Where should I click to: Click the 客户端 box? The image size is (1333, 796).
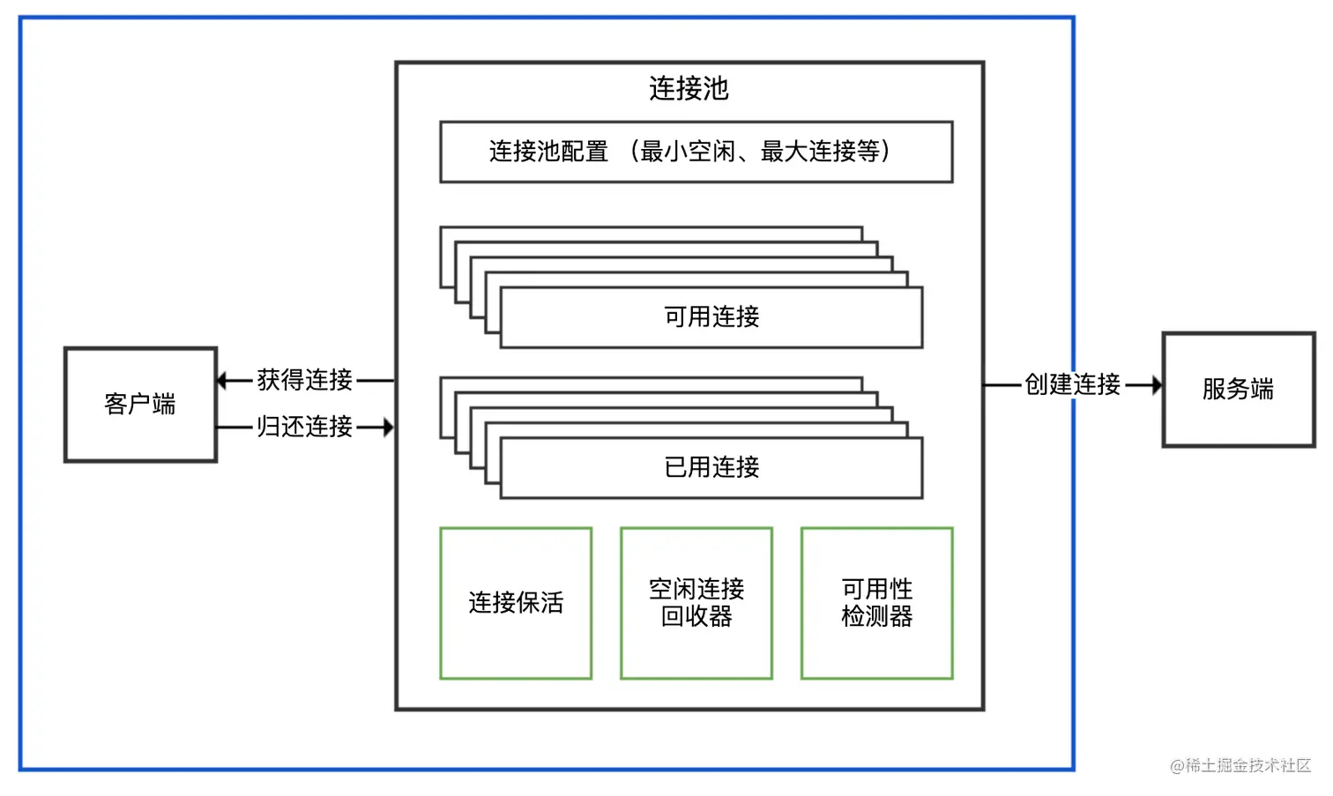pyautogui.click(x=140, y=405)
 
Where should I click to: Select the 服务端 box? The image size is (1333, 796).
pyautogui.click(x=1238, y=390)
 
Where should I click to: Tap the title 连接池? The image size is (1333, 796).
pyautogui.click(x=689, y=88)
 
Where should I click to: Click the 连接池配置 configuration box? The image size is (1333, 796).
pyautogui.click(x=696, y=152)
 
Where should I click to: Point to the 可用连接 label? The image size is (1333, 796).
pyautogui.click(x=711, y=316)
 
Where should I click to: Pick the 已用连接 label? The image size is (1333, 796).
pyautogui.click(x=711, y=467)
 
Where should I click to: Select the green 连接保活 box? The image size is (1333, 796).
pyautogui.click(x=516, y=603)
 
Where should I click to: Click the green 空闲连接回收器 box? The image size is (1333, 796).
pyautogui.click(x=696, y=603)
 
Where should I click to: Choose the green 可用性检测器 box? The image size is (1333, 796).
pyautogui.click(x=876, y=603)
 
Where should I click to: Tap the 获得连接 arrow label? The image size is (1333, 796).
pyautogui.click(x=305, y=380)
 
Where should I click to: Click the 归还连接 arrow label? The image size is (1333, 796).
pyautogui.click(x=305, y=427)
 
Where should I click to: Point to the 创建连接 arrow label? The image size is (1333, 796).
pyautogui.click(x=1072, y=384)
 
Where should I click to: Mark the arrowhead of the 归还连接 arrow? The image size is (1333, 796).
pyautogui.click(x=387, y=428)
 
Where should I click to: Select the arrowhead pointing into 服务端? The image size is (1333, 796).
pyautogui.click(x=1156, y=385)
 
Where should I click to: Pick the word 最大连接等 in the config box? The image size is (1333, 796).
pyautogui.click(x=820, y=152)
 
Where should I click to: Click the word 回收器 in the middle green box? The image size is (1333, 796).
pyautogui.click(x=696, y=617)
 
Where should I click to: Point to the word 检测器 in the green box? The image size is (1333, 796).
pyautogui.click(x=876, y=617)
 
